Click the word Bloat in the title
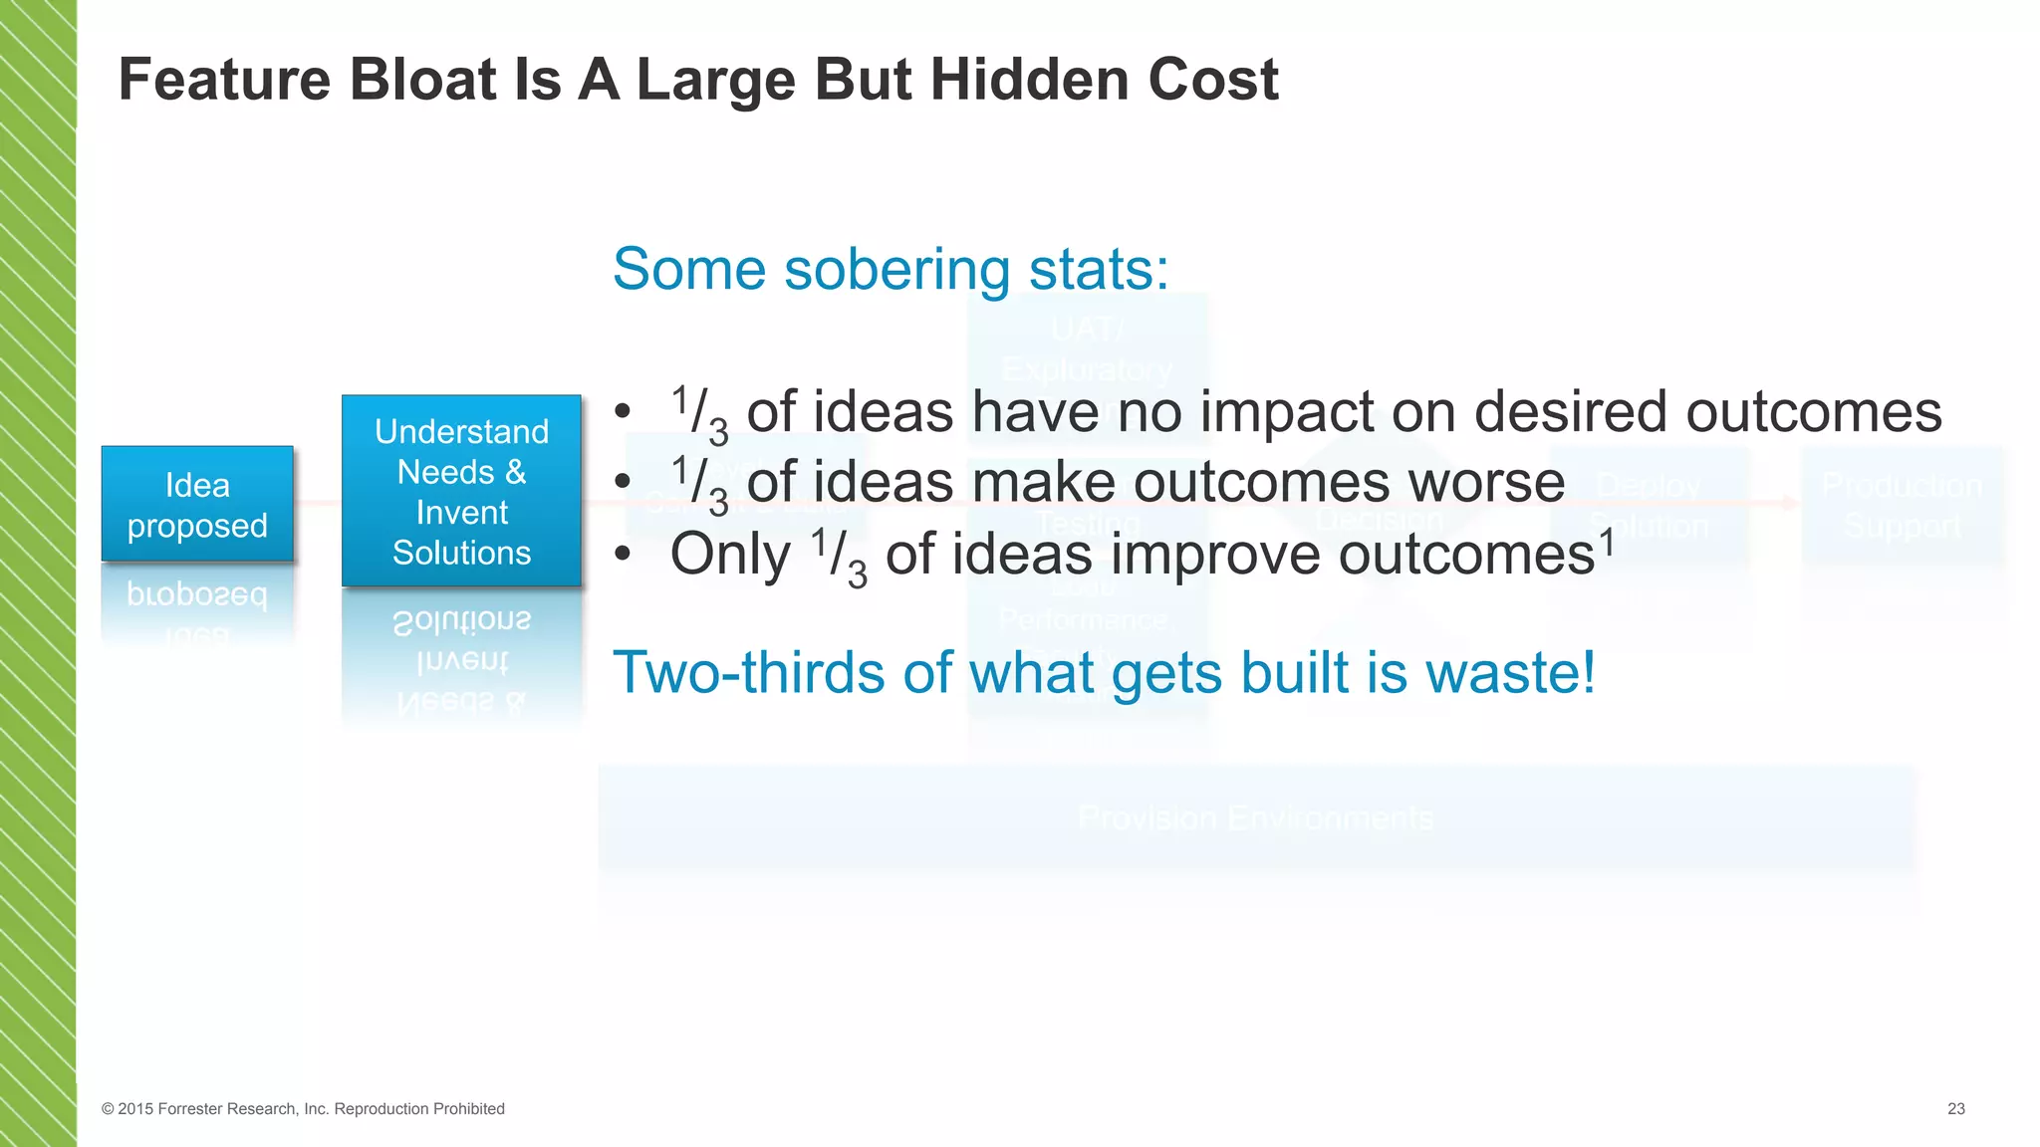click(422, 80)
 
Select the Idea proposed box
click(197, 505)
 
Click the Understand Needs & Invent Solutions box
click(461, 492)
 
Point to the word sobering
click(896, 271)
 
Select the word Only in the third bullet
click(729, 555)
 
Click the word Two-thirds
click(749, 673)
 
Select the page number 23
click(1955, 1109)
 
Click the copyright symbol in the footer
click(108, 1109)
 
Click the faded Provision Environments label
click(1255, 818)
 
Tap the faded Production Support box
click(1902, 506)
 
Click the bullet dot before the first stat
click(623, 412)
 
